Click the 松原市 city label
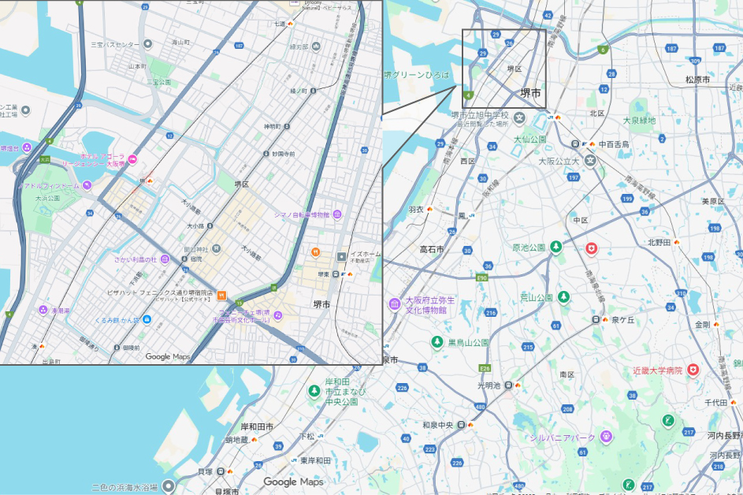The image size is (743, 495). tap(697, 80)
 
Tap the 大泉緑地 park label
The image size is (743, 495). tap(638, 121)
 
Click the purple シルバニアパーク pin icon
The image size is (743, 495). tap(605, 436)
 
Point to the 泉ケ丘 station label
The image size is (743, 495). tap(622, 319)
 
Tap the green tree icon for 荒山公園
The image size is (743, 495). tap(563, 297)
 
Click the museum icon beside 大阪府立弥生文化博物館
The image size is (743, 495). tap(394, 304)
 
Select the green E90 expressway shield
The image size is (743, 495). tap(482, 277)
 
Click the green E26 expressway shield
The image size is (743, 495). tap(485, 368)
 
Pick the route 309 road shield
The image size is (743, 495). tap(694, 60)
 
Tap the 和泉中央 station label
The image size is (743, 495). tap(437, 426)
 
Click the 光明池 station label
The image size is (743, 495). tap(488, 385)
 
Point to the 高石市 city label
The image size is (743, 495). tap(432, 249)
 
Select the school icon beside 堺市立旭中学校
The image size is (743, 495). tap(520, 118)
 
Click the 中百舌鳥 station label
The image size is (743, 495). tap(614, 144)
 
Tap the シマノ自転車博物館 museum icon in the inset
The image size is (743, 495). tap(337, 214)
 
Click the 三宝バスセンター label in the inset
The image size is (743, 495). tap(115, 45)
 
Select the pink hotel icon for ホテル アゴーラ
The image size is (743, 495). tap(132, 160)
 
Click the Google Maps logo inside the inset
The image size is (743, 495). tap(169, 356)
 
